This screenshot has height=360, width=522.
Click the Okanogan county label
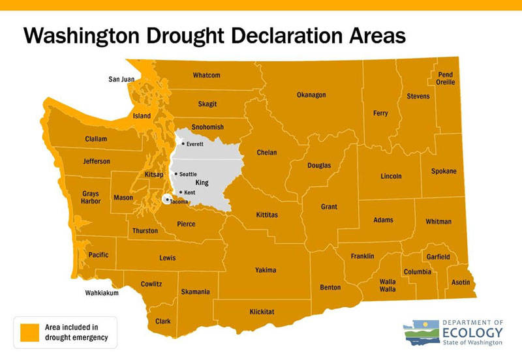311,95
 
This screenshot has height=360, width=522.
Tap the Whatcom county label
206,76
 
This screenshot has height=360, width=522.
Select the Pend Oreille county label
445,79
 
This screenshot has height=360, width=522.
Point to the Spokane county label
444,172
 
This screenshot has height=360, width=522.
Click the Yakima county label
266,270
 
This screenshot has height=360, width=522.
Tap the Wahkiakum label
102,293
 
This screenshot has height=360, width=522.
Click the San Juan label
121,80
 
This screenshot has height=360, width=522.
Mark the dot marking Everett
183,143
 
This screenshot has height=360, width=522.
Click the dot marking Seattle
176,174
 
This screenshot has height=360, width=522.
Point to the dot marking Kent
180,192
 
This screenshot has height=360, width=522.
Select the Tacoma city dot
168,199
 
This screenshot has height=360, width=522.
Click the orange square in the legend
29,332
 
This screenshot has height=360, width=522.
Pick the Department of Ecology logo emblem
422,333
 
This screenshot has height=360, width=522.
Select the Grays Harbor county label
91,198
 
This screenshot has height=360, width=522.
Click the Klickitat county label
262,312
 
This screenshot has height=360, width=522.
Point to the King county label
202,183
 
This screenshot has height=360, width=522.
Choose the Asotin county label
461,283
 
